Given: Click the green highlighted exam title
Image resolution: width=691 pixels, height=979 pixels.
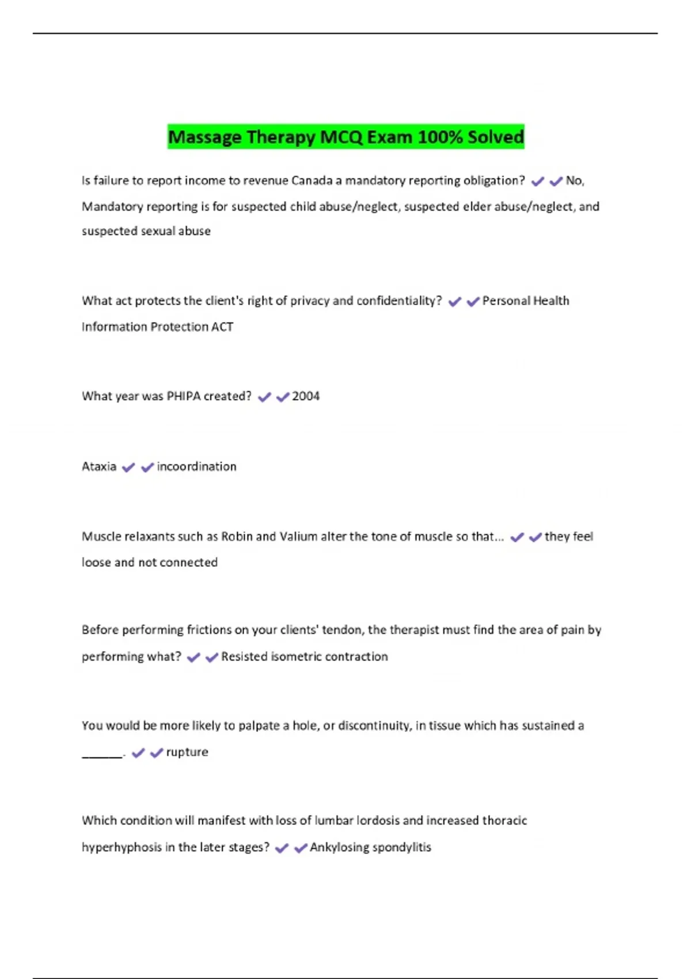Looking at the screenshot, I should pyautogui.click(x=345, y=137).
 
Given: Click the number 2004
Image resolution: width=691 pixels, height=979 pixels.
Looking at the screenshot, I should pyautogui.click(x=306, y=396).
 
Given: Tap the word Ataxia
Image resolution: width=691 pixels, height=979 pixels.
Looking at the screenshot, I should pyautogui.click(x=99, y=466).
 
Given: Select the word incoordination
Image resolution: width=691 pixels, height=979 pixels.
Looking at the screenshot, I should pyautogui.click(x=196, y=466).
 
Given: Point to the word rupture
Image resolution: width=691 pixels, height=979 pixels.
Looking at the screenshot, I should pyautogui.click(x=187, y=752).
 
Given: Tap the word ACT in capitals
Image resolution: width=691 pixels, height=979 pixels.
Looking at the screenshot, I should pyautogui.click(x=222, y=327).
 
